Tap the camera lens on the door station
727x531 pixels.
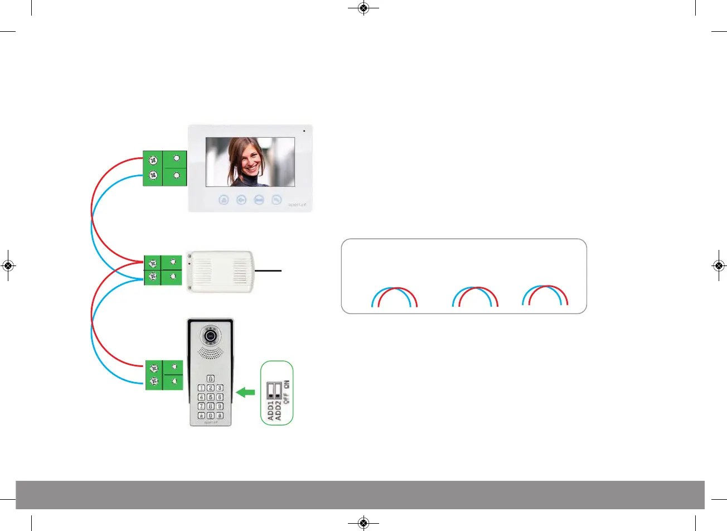(x=210, y=336)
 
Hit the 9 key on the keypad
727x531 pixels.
(x=220, y=406)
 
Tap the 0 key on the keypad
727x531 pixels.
(x=211, y=416)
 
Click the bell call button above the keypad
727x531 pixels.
(x=210, y=378)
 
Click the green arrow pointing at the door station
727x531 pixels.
(x=245, y=393)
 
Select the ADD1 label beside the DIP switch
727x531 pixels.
(x=271, y=410)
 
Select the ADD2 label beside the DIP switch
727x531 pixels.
(x=278, y=410)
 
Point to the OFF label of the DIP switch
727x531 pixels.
(x=287, y=397)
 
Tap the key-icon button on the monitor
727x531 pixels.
(x=241, y=199)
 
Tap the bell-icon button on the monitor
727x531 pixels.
(x=224, y=199)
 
